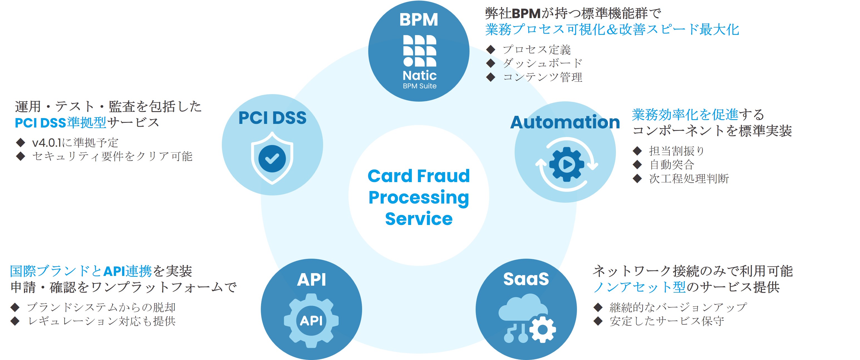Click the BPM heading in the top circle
point(419,20)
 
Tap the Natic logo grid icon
point(419,51)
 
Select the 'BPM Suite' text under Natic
point(419,86)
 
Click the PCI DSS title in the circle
point(272,117)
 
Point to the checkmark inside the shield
point(272,158)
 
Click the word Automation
point(565,122)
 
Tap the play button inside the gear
point(567,164)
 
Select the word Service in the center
point(419,219)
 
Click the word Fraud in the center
point(443,176)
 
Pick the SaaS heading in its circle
point(526,279)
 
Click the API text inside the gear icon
point(311,320)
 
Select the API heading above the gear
point(311,280)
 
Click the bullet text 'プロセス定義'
point(537,50)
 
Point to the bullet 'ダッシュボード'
point(542,63)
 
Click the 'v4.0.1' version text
point(47,143)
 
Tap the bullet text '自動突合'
point(671,165)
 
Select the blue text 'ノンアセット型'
point(639,287)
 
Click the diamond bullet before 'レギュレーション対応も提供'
point(15,321)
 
